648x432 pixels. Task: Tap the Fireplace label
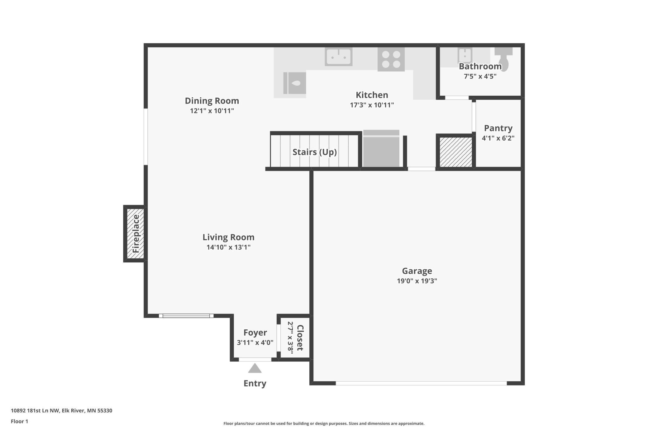coord(136,233)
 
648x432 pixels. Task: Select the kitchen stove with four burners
coord(391,59)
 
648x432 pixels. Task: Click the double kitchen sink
coord(338,56)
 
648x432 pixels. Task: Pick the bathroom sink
coord(465,55)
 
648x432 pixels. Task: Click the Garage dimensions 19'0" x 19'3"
coord(417,281)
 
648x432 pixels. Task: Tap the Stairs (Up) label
coord(315,152)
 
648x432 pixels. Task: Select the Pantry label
coord(498,128)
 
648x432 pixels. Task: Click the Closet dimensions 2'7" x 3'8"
coord(290,338)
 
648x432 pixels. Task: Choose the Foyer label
coord(255,333)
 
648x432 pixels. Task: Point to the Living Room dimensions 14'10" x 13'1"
coord(228,247)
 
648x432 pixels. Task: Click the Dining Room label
coord(212,101)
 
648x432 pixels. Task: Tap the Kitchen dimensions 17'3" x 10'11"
coord(372,105)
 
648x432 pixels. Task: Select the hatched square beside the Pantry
coord(456,152)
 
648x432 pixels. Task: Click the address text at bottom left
coord(61,410)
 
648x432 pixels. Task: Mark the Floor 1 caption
coord(19,421)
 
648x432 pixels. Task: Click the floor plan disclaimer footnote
coord(324,423)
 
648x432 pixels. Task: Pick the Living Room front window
coord(186,316)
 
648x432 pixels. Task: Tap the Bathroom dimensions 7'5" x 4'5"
coord(480,76)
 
